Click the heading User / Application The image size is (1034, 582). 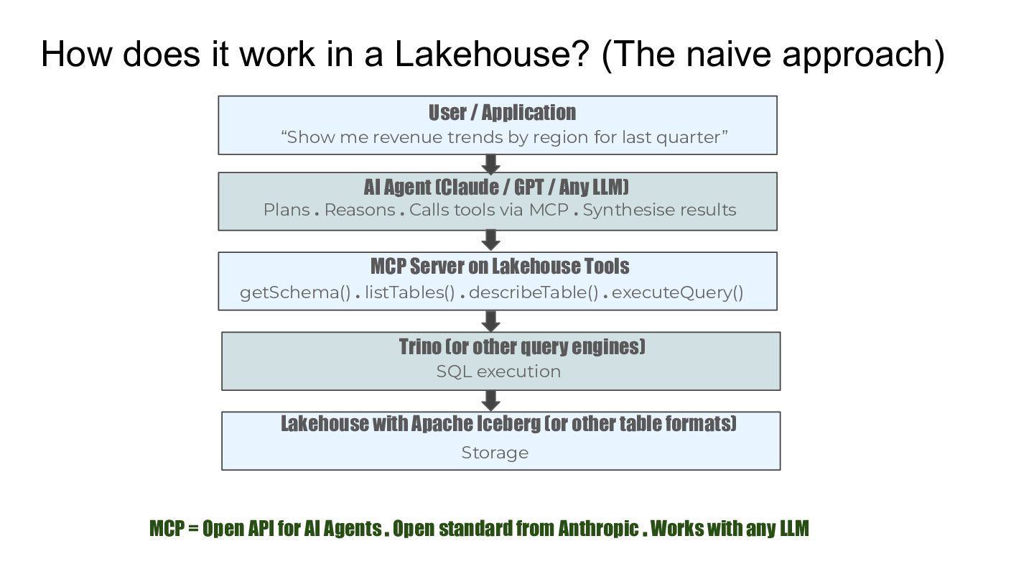pos(502,113)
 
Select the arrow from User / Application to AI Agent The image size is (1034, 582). pos(491,164)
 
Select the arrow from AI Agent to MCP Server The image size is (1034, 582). pos(491,240)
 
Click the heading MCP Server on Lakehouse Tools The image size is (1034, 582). pos(500,267)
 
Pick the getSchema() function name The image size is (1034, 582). pos(295,292)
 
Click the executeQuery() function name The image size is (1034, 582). pos(678,292)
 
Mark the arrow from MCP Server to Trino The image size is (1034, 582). pos(491,320)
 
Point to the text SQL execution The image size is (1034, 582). pos(498,371)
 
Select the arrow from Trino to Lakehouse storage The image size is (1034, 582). pos(491,400)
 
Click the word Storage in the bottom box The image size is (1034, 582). pos(495,453)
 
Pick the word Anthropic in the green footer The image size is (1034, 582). pos(598,529)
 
